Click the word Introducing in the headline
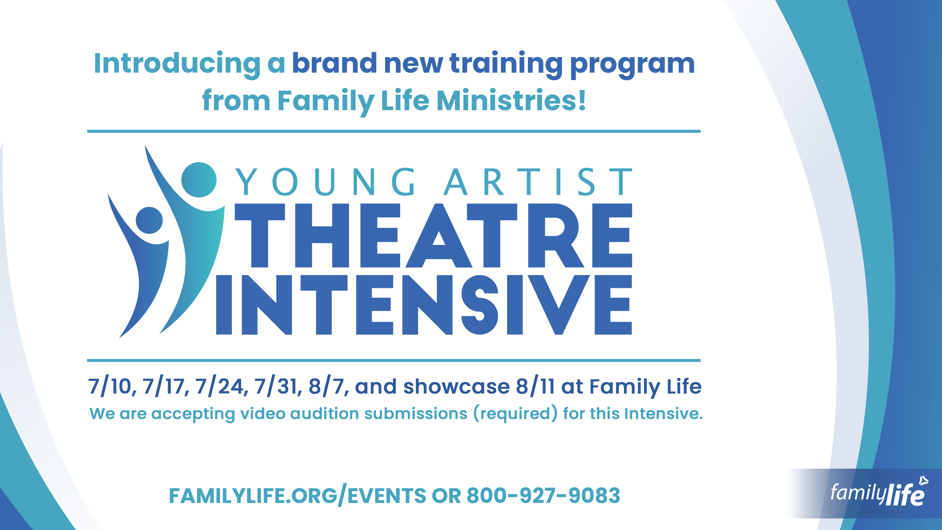pyautogui.click(x=177, y=64)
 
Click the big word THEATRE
pyautogui.click(x=433, y=235)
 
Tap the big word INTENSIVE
pyautogui.click(x=424, y=305)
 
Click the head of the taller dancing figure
pyautogui.click(x=199, y=180)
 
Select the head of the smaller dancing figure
pyautogui.click(x=149, y=220)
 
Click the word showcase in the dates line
pyautogui.click(x=456, y=387)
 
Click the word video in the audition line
pyautogui.click(x=262, y=413)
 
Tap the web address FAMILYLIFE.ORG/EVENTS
pyautogui.click(x=297, y=496)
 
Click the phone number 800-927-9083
pyautogui.click(x=543, y=496)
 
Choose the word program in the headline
pyautogui.click(x=632, y=64)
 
